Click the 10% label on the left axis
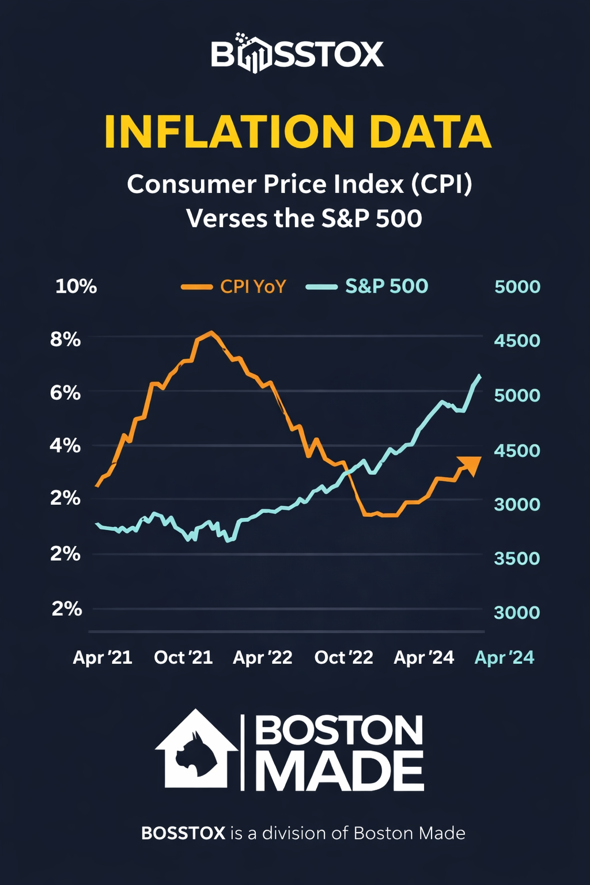pyautogui.click(x=76, y=286)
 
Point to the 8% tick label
pyautogui.click(x=65, y=339)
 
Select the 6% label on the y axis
pyautogui.click(x=65, y=393)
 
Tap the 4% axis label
pyautogui.click(x=65, y=445)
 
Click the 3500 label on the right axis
pyautogui.click(x=517, y=558)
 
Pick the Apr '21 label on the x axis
pyautogui.click(x=103, y=657)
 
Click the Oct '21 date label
pyautogui.click(x=183, y=657)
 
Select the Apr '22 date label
pyautogui.click(x=263, y=657)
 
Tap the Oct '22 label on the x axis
pyautogui.click(x=344, y=657)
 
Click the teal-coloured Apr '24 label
pyautogui.click(x=504, y=657)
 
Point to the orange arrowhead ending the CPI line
pyautogui.click(x=471, y=464)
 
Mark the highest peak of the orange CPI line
pyautogui.click(x=211, y=332)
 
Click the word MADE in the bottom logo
pyautogui.click(x=339, y=771)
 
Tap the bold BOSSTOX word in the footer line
pyautogui.click(x=183, y=833)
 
